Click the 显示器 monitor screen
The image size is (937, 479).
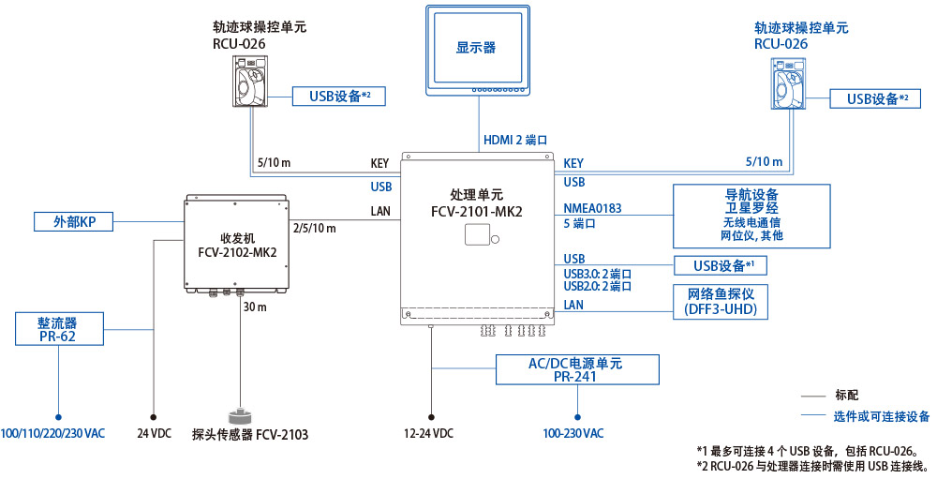(476, 47)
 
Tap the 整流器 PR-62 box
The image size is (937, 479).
(58, 329)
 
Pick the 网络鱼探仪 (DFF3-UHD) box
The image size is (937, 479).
(714, 301)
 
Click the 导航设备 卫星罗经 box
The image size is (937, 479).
(751, 216)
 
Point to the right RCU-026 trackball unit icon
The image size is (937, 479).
(789, 81)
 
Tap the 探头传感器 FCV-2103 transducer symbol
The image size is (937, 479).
(240, 416)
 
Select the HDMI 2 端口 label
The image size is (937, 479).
(515, 140)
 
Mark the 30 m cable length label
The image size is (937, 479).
(255, 307)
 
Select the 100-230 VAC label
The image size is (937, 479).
(573, 434)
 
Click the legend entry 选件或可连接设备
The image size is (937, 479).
(882, 416)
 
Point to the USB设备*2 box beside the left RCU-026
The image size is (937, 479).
(338, 96)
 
